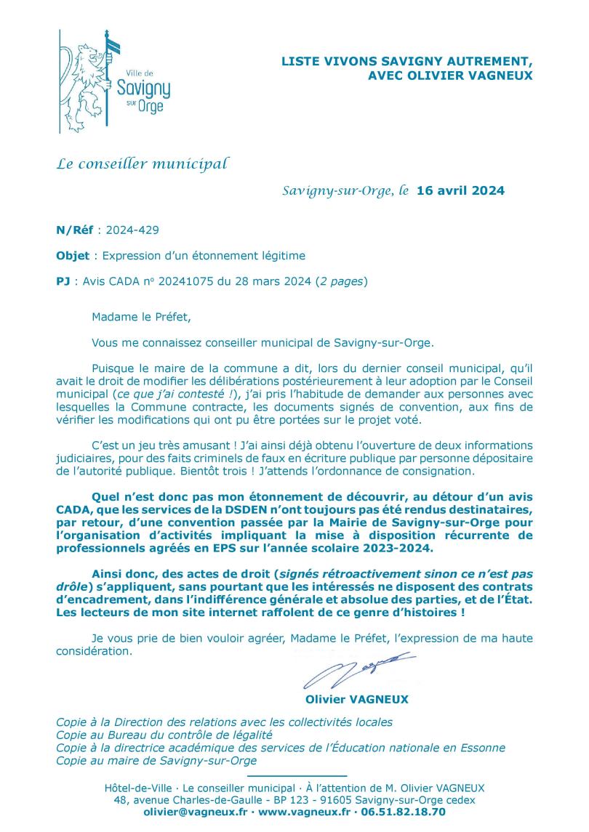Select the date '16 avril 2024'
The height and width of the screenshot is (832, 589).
coord(460,192)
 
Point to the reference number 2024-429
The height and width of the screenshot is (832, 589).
coord(132,230)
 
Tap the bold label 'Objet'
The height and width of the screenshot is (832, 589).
coord(73,255)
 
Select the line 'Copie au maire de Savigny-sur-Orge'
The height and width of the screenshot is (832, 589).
coord(156,761)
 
